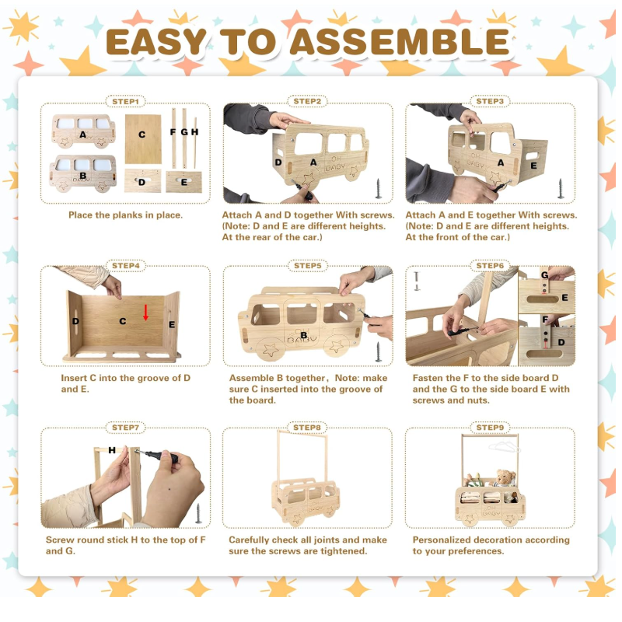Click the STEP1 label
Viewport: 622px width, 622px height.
[125, 102]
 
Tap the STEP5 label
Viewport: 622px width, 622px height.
[307, 266]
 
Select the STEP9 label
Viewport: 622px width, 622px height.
[490, 428]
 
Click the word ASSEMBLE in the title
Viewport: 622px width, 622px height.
[400, 42]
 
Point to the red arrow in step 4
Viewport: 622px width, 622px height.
[145, 313]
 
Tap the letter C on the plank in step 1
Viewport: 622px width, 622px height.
[142, 135]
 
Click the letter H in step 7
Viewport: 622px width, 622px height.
[112, 450]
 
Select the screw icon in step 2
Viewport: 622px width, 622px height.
[379, 188]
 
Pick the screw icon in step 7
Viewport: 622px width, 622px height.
[198, 513]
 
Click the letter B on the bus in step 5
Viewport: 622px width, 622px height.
[303, 335]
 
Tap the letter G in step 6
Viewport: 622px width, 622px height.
[545, 275]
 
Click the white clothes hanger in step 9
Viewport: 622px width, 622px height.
[504, 446]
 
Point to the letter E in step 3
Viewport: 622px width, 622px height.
[534, 166]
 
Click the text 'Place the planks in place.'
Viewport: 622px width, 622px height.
[125, 215]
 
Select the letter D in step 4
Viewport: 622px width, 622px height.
[75, 321]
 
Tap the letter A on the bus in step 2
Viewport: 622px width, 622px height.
[313, 162]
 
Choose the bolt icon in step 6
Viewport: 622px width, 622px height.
[417, 281]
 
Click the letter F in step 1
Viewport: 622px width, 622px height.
[173, 132]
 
